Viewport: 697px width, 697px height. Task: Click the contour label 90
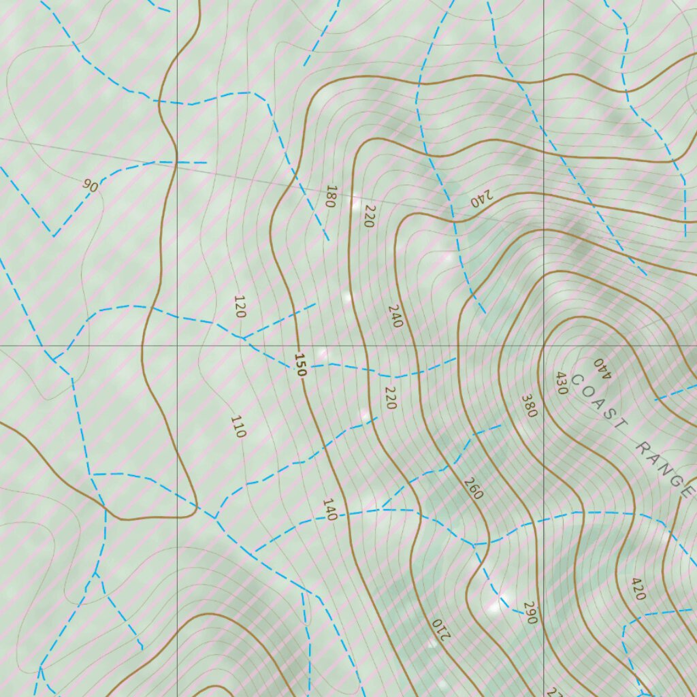tap(91, 185)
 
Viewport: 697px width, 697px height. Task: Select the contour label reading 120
tap(240, 307)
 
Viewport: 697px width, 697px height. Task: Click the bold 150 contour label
tap(300, 365)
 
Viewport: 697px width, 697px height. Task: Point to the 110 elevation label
tap(238, 426)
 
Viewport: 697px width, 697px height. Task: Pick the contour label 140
tap(330, 510)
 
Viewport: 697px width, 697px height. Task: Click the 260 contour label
tap(473, 488)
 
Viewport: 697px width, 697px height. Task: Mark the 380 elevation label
tap(530, 406)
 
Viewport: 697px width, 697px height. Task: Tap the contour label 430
tap(562, 383)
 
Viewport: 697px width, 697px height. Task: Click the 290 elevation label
tap(531, 613)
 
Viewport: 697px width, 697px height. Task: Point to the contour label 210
tap(441, 630)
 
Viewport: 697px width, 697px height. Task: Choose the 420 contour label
tap(638, 589)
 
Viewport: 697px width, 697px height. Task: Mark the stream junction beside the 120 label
tap(243, 338)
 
